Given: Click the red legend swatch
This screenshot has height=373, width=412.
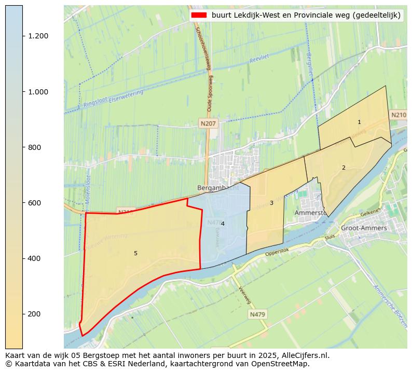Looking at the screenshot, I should [x=199, y=16].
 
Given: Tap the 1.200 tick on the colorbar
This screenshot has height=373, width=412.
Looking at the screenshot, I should [x=38, y=36].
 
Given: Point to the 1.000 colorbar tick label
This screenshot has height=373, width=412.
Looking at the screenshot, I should [x=38, y=92].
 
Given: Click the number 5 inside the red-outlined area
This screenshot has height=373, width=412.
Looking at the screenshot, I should [x=135, y=253].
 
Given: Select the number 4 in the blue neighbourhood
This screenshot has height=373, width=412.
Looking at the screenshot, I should [x=223, y=224].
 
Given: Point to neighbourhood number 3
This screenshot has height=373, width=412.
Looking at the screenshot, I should [x=271, y=203].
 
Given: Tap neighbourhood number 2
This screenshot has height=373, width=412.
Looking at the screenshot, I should [x=344, y=168].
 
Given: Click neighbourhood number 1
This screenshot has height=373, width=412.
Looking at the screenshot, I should [x=359, y=122].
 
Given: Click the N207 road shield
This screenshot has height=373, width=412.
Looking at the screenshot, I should [x=208, y=123].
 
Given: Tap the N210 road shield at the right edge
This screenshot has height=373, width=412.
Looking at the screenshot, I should [x=399, y=115].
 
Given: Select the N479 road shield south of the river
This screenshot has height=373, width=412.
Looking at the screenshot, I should [x=257, y=314].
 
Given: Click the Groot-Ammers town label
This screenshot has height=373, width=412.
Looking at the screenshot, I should [x=364, y=228].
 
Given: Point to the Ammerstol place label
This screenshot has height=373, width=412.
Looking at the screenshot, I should [x=310, y=213].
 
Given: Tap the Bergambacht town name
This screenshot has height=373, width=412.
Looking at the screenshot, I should [x=218, y=188].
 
